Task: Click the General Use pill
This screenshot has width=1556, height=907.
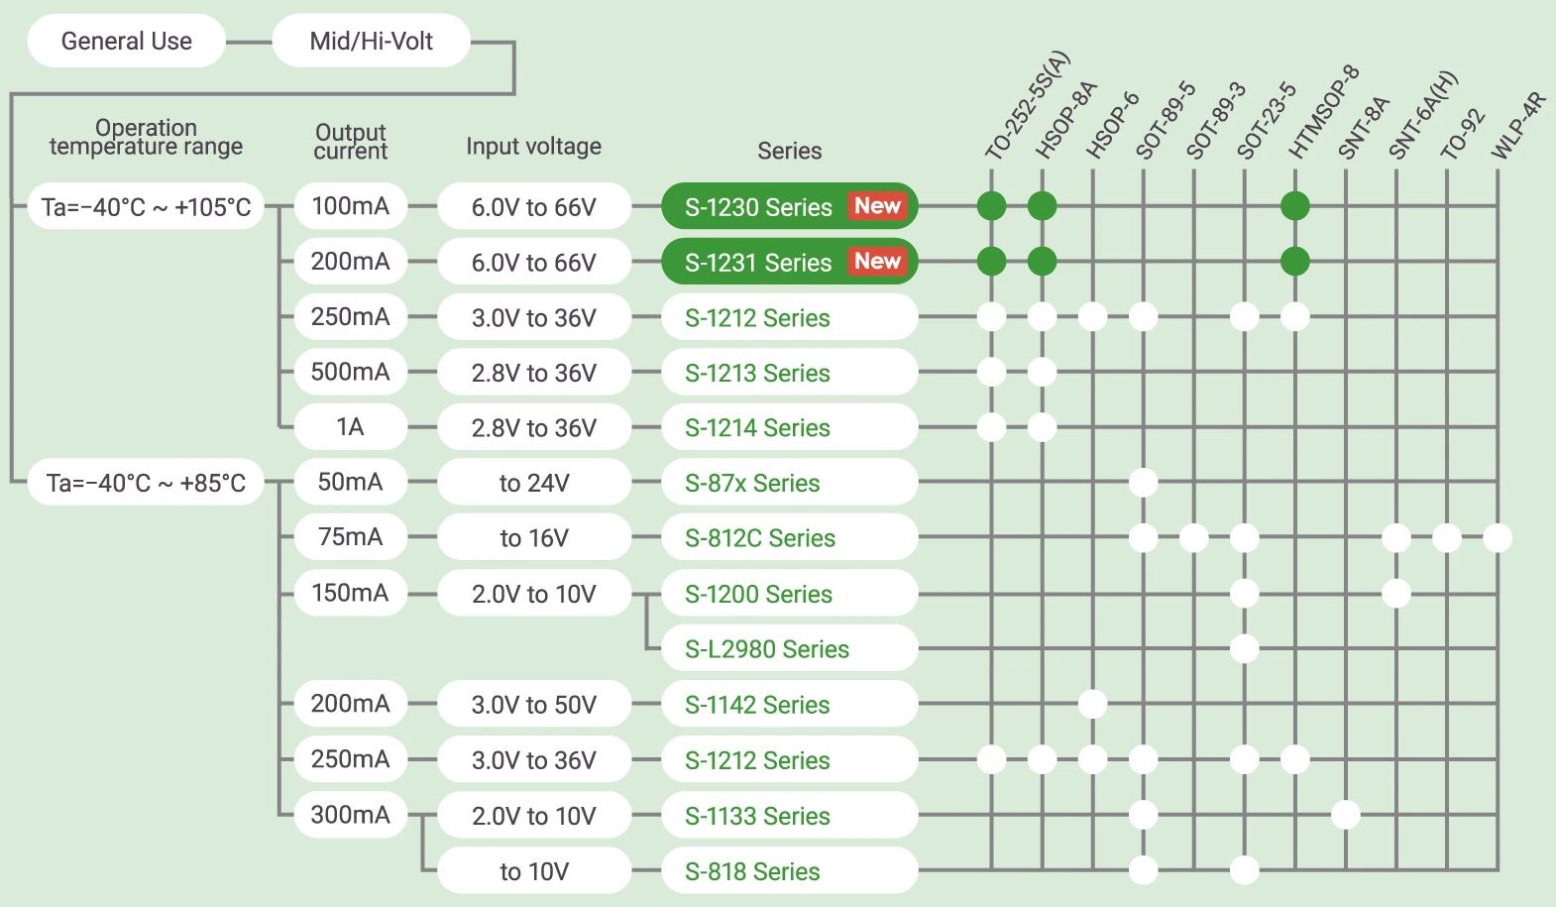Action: [x=127, y=41]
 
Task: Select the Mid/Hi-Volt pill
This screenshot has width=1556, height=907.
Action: [x=371, y=41]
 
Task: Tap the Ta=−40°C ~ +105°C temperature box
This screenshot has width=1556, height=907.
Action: [x=146, y=206]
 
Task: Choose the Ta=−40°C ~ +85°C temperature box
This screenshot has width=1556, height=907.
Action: [x=146, y=483]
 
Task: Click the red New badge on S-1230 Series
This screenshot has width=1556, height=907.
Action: [x=877, y=206]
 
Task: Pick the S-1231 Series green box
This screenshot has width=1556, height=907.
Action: [x=758, y=262]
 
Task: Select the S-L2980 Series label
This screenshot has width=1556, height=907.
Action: [x=767, y=649]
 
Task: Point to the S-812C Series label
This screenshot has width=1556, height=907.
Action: [x=760, y=538]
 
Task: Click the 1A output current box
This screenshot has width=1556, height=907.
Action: [x=350, y=427]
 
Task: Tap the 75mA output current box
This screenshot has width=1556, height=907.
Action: [x=350, y=537]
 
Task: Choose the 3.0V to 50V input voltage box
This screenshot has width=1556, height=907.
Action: [x=533, y=705]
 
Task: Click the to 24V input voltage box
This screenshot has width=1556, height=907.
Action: [x=533, y=483]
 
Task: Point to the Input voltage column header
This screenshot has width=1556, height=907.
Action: [x=533, y=147]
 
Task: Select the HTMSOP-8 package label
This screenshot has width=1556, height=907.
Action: [x=1323, y=112]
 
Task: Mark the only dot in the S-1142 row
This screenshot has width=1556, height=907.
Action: [x=1092, y=705]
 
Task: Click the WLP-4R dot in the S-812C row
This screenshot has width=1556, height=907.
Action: [x=1498, y=538]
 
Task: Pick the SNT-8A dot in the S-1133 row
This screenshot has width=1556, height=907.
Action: [x=1346, y=815]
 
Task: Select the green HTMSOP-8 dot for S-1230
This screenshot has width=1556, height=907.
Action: [x=1295, y=206]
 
